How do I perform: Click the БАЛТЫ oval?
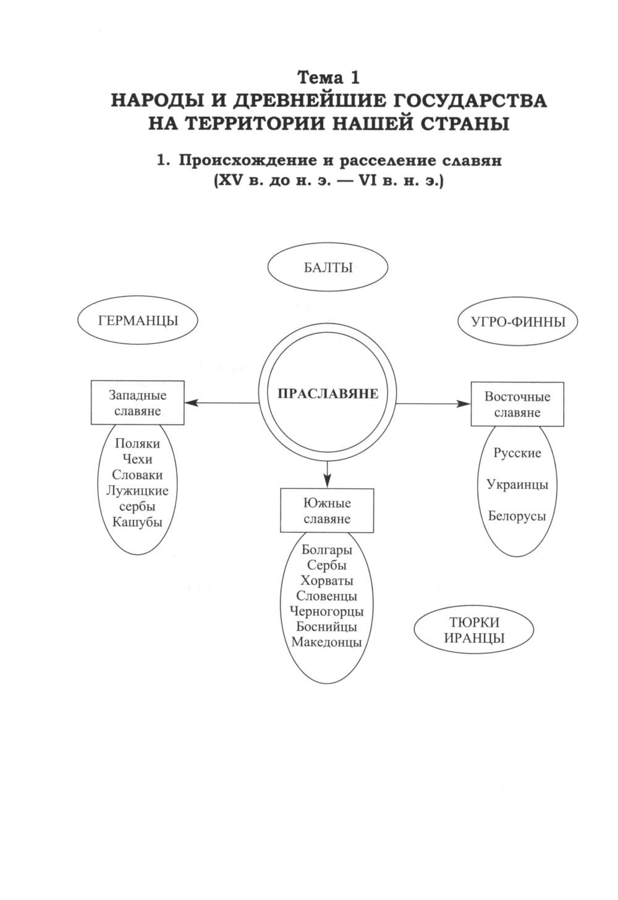tap(328, 268)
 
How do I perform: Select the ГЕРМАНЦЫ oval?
tap(137, 321)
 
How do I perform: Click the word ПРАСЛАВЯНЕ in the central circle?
tap(328, 394)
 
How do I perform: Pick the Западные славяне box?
tap(137, 402)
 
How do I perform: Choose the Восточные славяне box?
tap(517, 404)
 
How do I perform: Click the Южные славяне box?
tap(327, 511)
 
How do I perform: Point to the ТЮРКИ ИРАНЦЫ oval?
tap(474, 630)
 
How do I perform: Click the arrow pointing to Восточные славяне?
tap(433, 404)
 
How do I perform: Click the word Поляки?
tap(137, 443)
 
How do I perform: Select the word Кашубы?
tap(137, 521)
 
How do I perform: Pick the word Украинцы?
tap(517, 485)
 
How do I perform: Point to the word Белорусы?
tap(517, 516)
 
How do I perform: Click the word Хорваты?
tap(327, 580)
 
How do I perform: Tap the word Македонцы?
tap(327, 642)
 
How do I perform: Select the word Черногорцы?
tap(327, 611)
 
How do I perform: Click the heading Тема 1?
tap(328, 77)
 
